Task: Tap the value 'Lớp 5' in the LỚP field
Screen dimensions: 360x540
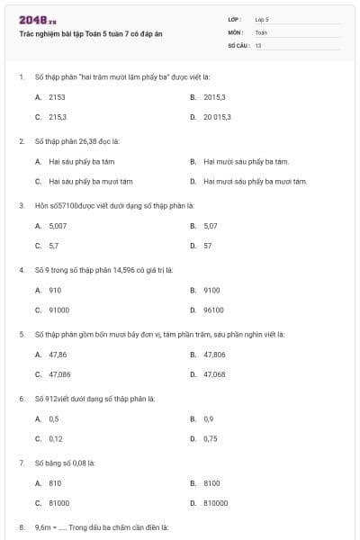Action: pyautogui.click(x=262, y=19)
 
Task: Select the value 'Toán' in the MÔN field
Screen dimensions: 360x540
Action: pyautogui.click(x=261, y=31)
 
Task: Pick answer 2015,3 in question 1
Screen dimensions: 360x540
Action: pyautogui.click(x=214, y=96)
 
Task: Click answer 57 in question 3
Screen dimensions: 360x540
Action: pyautogui.click(x=208, y=246)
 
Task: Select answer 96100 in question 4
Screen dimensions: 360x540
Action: pyautogui.click(x=213, y=310)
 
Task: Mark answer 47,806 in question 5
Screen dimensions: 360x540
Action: pyautogui.click(x=214, y=355)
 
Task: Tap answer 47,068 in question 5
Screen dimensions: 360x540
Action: pyautogui.click(x=214, y=374)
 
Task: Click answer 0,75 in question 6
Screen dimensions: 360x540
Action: pyautogui.click(x=211, y=438)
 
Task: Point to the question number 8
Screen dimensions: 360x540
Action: pyautogui.click(x=22, y=526)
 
